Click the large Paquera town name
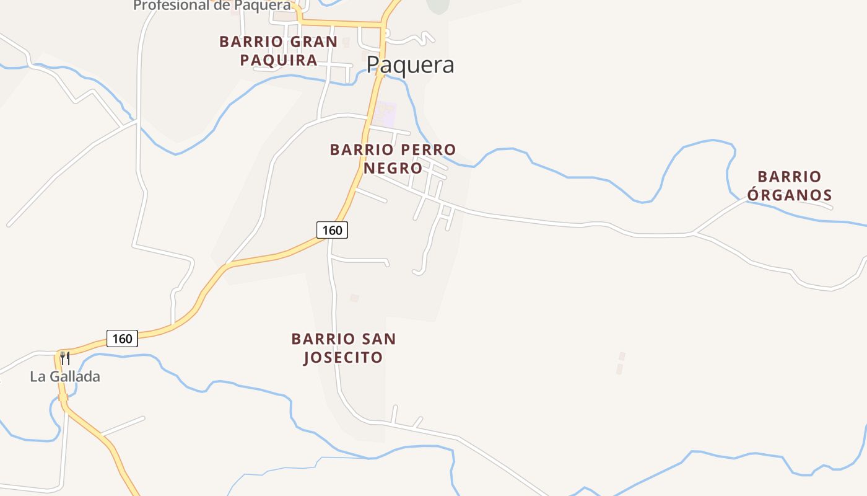[410, 65]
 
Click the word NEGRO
[393, 168]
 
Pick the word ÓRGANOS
[790, 195]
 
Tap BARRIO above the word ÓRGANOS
[790, 177]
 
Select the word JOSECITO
[342, 358]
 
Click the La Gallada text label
[65, 376]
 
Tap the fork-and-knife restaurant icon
[65, 358]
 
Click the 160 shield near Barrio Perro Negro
[332, 230]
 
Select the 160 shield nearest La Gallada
[122, 339]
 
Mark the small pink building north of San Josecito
[354, 298]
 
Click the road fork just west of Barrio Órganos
[694, 234]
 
